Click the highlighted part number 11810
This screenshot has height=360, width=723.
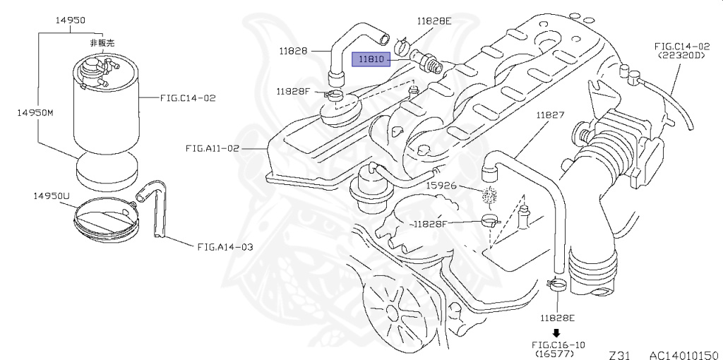coord(371,59)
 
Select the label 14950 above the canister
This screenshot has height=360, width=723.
coord(71,20)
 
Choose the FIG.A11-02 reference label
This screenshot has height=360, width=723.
coord(213,148)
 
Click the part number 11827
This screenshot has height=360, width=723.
coord(549,115)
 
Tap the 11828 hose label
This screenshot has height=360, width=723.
coord(293,51)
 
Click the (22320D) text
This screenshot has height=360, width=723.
coord(681,54)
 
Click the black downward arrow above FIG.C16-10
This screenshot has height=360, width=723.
coord(556,332)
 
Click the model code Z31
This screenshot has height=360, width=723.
coord(619,354)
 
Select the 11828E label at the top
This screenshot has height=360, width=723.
coord(434,21)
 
